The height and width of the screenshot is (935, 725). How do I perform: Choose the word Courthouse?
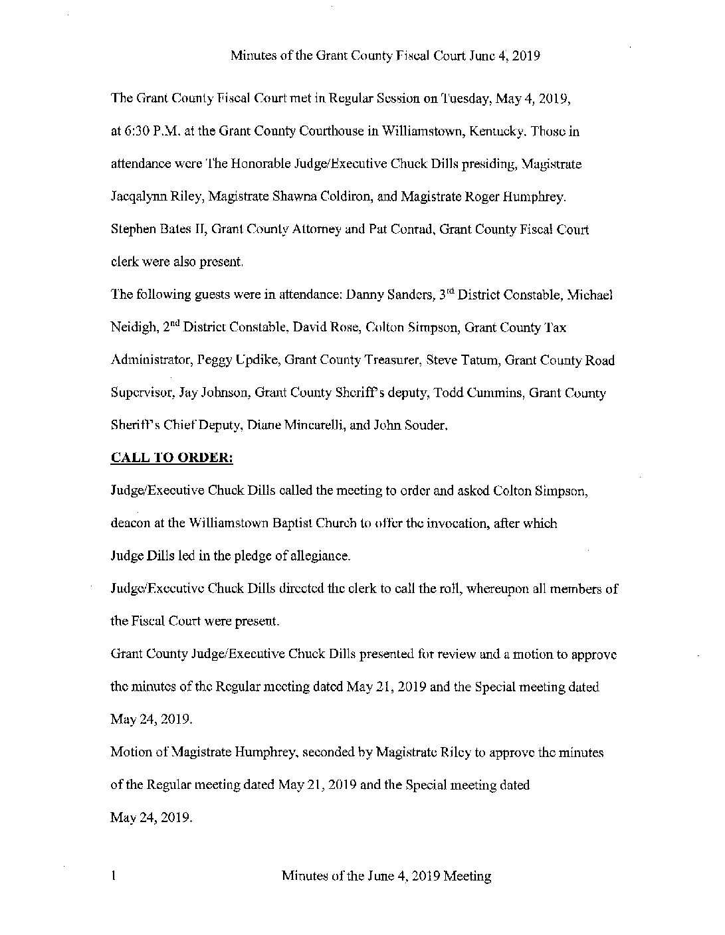(x=326, y=131)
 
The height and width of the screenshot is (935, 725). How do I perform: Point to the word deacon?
(x=130, y=523)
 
